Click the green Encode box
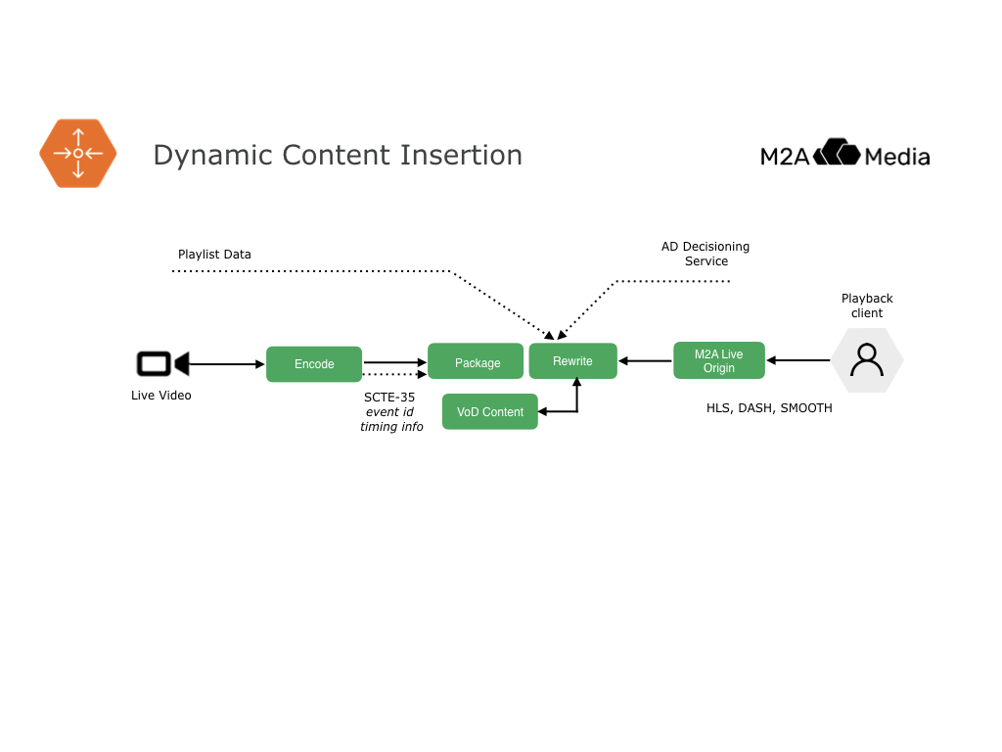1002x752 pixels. [x=314, y=364]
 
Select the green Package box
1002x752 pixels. [x=477, y=362]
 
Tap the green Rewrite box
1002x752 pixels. [x=572, y=361]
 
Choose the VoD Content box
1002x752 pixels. [x=490, y=412]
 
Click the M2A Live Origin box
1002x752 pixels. [x=718, y=361]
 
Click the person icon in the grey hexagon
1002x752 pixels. [x=867, y=360]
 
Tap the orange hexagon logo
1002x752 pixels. [x=78, y=154]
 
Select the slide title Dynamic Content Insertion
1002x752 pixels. [x=338, y=155]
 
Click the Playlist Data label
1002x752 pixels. [x=214, y=255]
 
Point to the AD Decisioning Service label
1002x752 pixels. [x=706, y=254]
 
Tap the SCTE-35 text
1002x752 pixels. [x=389, y=398]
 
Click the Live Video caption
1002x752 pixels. [x=161, y=396]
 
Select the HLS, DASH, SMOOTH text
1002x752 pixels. [x=769, y=408]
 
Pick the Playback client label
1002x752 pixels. [x=867, y=305]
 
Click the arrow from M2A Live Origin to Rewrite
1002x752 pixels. [x=646, y=361]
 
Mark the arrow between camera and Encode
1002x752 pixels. [x=226, y=364]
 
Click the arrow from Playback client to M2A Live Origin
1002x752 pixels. [x=798, y=360]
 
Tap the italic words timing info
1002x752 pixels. [x=391, y=427]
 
